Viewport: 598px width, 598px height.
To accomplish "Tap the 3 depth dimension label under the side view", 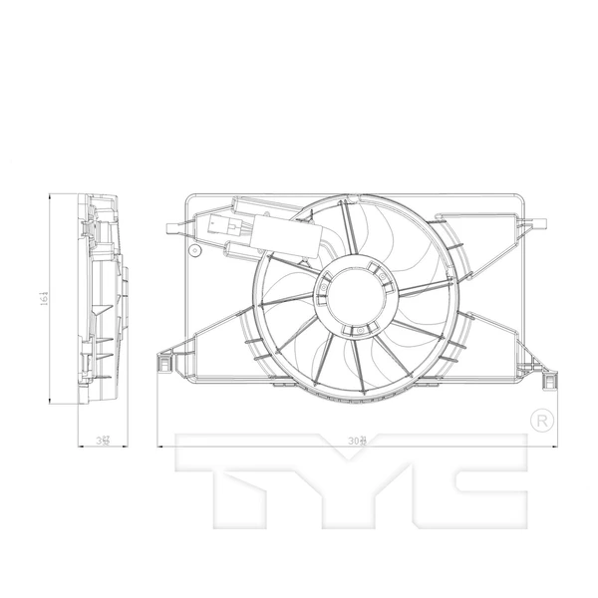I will click(101, 439).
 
